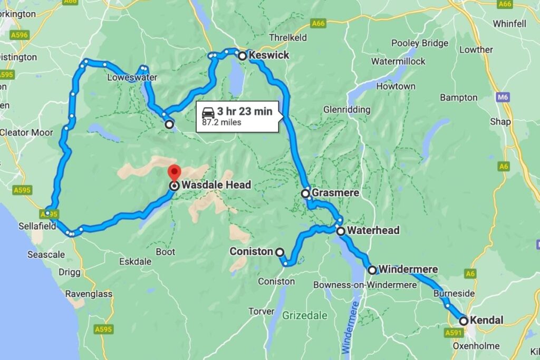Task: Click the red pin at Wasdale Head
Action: pos(174,173)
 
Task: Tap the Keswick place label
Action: pos(268,55)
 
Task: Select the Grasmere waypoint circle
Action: pos(305,193)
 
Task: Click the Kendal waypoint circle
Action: pos(464,320)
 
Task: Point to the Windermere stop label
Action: pos(408,270)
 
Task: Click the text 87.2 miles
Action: pos(222,122)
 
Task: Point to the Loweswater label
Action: pos(125,76)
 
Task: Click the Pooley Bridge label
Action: pos(420,43)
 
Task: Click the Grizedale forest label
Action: pos(305,316)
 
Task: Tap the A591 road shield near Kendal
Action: pos(453,333)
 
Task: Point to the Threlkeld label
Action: pos(288,38)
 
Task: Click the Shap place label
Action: pos(500,121)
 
